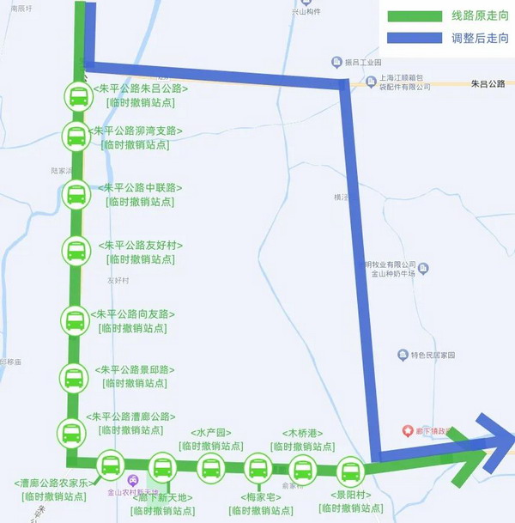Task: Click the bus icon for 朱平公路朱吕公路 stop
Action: pyautogui.click(x=78, y=95)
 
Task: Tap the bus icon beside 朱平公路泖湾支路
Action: pyautogui.click(x=76, y=136)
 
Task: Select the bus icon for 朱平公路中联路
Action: pyautogui.click(x=76, y=194)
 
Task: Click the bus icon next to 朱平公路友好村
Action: pyautogui.click(x=76, y=251)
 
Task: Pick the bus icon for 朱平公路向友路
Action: pyautogui.click(x=75, y=321)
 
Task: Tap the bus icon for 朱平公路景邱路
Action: pyautogui.click(x=74, y=377)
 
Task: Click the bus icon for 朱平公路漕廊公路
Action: pyautogui.click(x=72, y=431)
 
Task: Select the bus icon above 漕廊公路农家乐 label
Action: pyautogui.click(x=111, y=466)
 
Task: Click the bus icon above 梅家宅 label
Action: pyautogui.click(x=257, y=469)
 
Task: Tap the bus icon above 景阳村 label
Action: pyautogui.click(x=349, y=471)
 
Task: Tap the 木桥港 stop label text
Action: pyautogui.click(x=302, y=434)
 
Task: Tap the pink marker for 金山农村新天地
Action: pyautogui.click(x=132, y=479)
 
